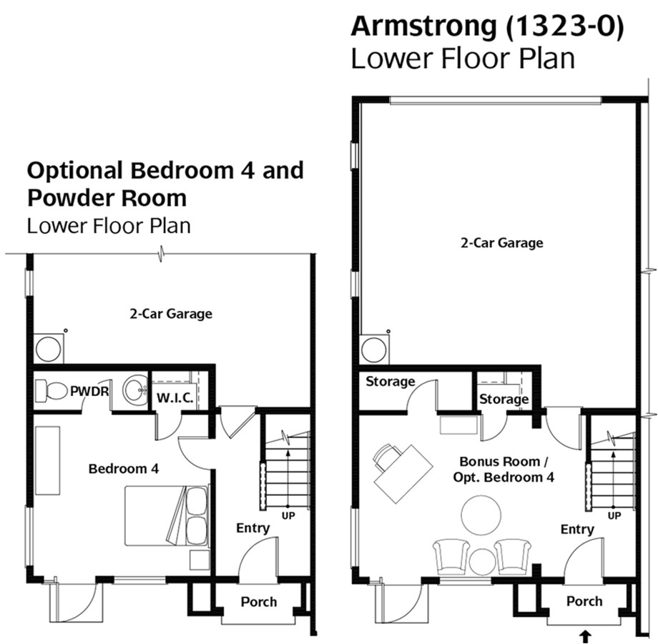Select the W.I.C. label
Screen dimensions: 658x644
(175, 397)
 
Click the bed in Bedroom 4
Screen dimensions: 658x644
(167, 516)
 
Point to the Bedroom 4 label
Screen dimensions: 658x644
(124, 468)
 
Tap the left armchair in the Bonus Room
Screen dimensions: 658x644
(451, 557)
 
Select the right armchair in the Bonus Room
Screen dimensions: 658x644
(512, 557)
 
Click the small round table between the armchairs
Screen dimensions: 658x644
(483, 562)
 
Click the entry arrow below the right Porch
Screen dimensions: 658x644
(585, 635)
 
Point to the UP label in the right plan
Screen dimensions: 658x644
(614, 516)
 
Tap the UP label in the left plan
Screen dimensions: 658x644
(288, 516)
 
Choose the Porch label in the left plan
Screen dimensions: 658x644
(259, 602)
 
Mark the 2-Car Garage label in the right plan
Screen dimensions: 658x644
(502, 243)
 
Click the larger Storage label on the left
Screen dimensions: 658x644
(391, 381)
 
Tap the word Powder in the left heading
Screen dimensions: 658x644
(65, 198)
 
